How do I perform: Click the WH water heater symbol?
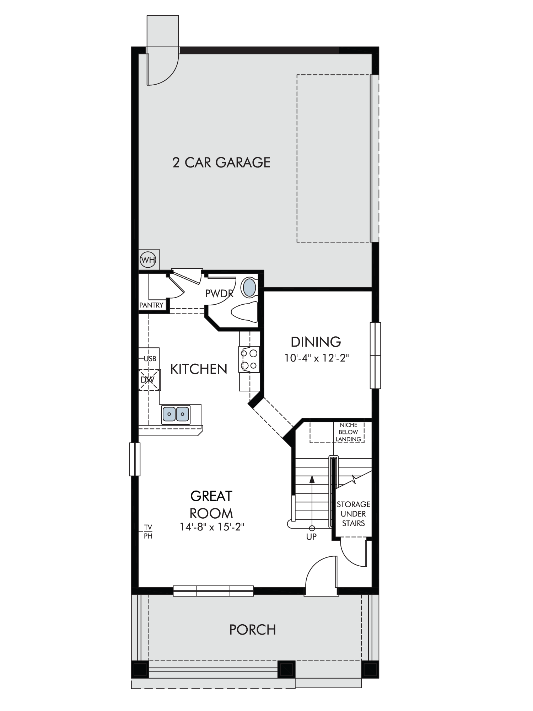[148, 260]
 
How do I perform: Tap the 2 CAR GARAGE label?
[221, 162]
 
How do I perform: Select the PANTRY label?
[151, 305]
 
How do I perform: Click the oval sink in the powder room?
[249, 288]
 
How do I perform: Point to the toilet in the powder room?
[244, 312]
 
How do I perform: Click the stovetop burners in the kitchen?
[249, 359]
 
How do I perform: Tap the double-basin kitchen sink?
[176, 415]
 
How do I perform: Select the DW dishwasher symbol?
[147, 380]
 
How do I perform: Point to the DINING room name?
[316, 342]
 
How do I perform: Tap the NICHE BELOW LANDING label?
[348, 432]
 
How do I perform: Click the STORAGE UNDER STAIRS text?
[353, 514]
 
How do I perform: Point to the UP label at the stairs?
[311, 537]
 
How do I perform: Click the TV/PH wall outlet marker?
[148, 531]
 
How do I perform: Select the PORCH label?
[253, 630]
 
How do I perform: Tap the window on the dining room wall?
[375, 355]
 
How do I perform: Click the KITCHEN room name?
[199, 369]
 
